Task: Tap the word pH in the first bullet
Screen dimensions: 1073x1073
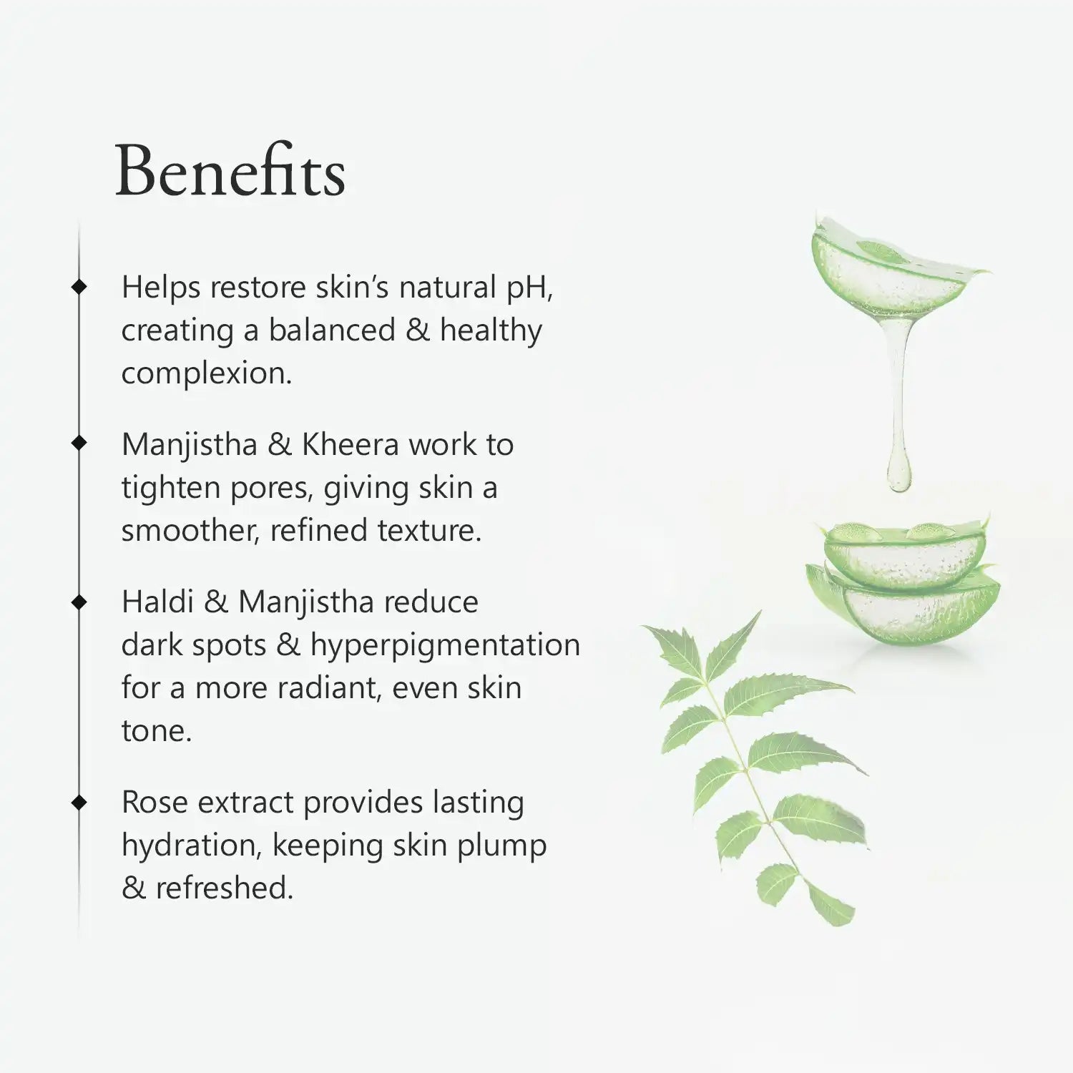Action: point(529,288)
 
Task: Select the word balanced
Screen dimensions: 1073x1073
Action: point(332,330)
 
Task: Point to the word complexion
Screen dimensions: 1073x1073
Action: point(207,374)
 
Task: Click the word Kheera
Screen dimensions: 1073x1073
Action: point(350,444)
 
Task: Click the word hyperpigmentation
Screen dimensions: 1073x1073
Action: point(445,646)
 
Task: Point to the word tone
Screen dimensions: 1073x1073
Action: point(157,731)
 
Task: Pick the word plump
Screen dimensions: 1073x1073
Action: point(502,846)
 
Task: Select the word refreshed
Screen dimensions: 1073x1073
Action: point(225,888)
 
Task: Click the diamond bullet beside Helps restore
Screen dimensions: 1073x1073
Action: point(79,287)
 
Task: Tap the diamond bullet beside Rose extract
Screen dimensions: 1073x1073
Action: point(79,802)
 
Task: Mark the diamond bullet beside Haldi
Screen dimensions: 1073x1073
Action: point(79,602)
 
